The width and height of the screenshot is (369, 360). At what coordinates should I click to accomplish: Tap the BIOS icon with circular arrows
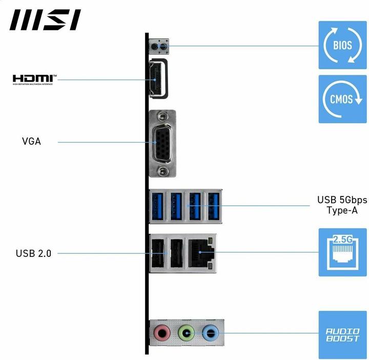point(342,45)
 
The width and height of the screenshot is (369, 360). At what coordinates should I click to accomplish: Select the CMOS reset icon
point(342,99)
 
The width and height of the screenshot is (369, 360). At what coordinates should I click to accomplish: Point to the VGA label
point(31,141)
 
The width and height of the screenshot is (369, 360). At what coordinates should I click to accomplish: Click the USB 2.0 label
point(33,253)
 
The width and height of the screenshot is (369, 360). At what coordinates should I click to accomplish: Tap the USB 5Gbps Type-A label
point(342,205)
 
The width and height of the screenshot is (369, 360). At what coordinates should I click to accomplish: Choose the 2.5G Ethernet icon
point(342,253)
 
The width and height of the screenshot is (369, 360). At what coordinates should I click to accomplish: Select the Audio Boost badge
point(342,335)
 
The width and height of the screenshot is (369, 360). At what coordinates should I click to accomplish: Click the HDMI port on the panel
point(158,78)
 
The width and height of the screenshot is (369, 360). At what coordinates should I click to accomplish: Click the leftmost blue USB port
point(156,206)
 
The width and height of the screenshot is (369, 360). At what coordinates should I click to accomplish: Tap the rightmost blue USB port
point(213,206)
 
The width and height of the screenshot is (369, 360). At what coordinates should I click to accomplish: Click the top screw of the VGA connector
point(162,116)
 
